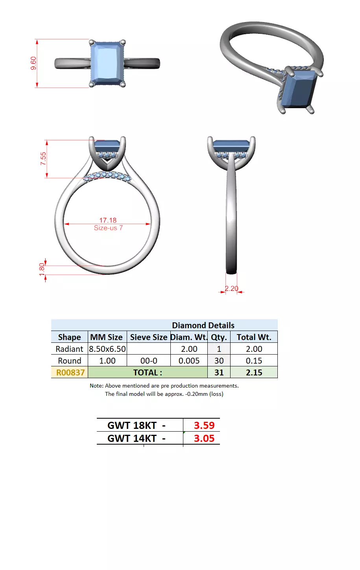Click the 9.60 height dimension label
33,63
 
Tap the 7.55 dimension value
43,158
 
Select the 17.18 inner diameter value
108,220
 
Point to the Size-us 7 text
108,228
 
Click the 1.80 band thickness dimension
42,269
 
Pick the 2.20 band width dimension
231,289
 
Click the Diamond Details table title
203,325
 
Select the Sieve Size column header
149,337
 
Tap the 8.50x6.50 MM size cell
107,349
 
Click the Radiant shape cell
69,349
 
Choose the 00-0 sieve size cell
149,360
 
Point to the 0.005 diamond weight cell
189,360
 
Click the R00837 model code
70,372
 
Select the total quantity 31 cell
219,372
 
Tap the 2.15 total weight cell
254,372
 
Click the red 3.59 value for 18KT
204,425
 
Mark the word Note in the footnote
96,386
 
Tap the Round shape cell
69,360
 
